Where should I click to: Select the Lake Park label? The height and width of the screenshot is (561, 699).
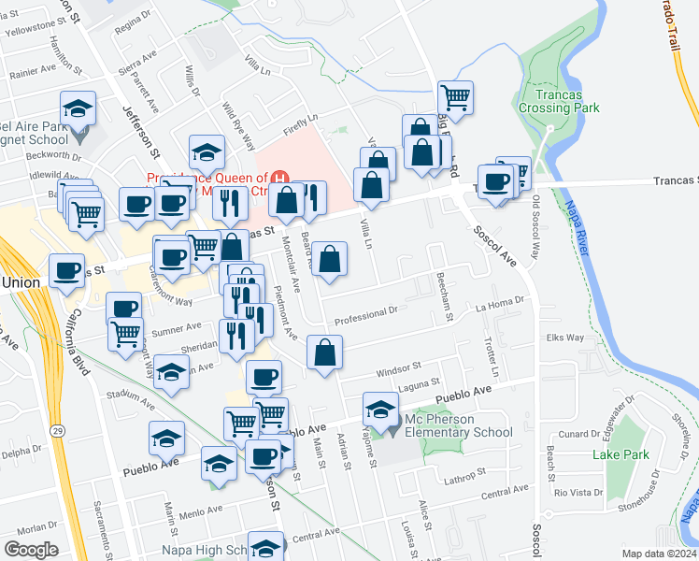pos(620,455)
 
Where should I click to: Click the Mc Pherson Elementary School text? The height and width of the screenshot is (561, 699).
pos(458,425)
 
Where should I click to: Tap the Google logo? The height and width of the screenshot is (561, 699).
pos(31,549)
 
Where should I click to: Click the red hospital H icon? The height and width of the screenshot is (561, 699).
pos(280,177)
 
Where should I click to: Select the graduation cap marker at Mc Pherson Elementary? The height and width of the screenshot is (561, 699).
pos(379,409)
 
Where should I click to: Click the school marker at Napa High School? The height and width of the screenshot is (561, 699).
pos(266,546)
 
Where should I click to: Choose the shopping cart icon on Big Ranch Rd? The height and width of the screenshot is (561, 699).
pos(455,95)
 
